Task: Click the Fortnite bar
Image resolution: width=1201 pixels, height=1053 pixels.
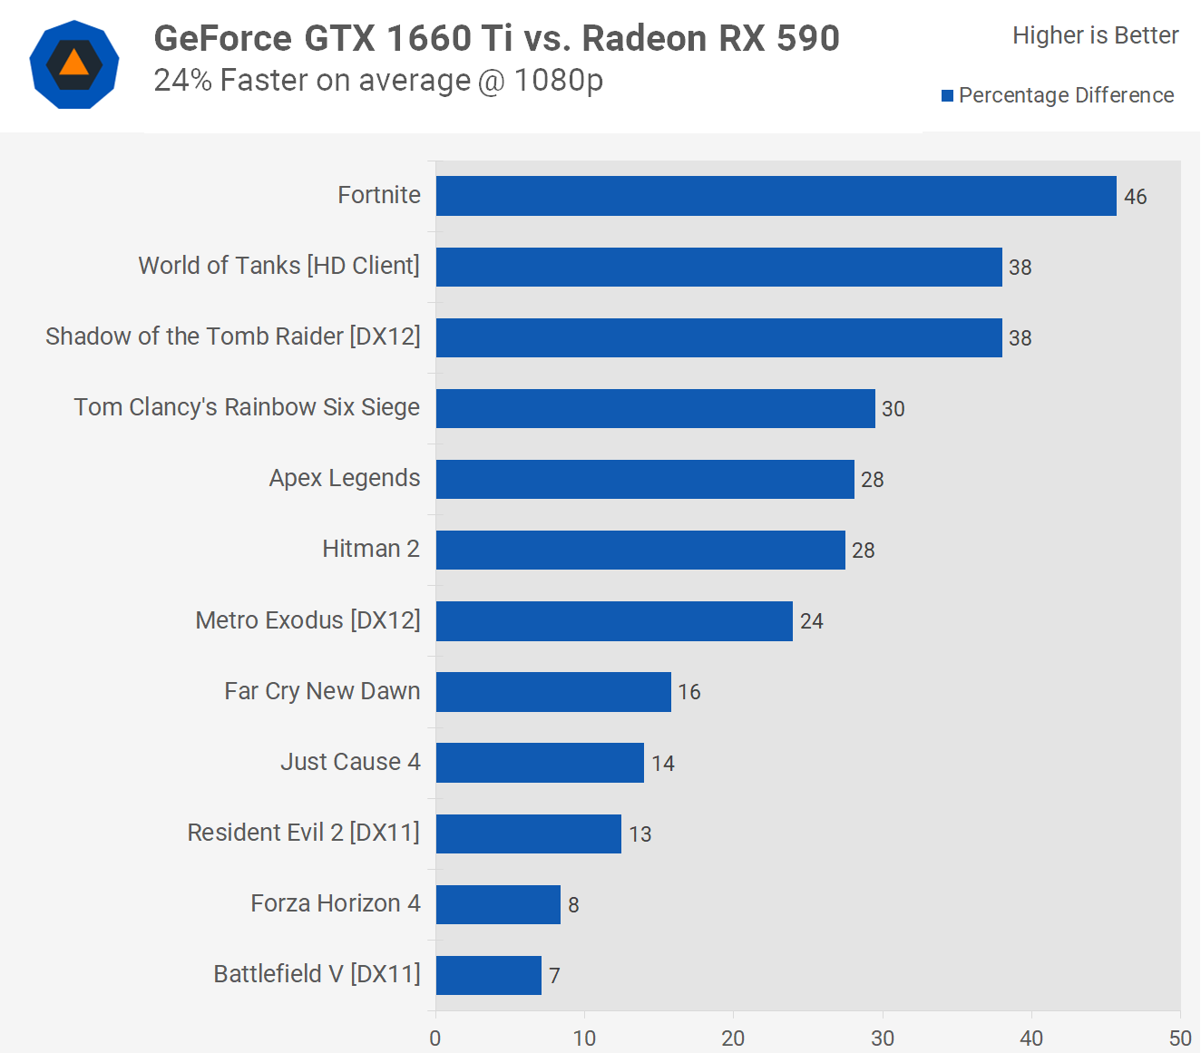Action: pyautogui.click(x=776, y=196)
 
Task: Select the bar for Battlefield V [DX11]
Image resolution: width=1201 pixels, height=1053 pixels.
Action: pyautogui.click(x=489, y=975)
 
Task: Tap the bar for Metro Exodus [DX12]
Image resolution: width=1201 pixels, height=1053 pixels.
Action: pyautogui.click(x=614, y=621)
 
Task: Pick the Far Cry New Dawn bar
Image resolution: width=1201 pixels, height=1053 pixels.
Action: pyautogui.click(x=553, y=692)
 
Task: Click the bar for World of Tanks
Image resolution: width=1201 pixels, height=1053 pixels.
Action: pyautogui.click(x=718, y=267)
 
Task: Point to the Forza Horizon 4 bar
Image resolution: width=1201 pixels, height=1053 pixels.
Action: pyautogui.click(x=498, y=904)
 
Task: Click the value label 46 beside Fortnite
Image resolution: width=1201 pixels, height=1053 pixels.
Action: pyautogui.click(x=1135, y=197)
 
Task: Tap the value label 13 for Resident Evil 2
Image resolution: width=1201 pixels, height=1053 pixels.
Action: pyautogui.click(x=640, y=834)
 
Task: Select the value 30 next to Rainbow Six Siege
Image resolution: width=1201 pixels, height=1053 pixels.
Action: pyautogui.click(x=893, y=409)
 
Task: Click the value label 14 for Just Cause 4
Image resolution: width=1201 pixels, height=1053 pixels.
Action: pyautogui.click(x=662, y=764)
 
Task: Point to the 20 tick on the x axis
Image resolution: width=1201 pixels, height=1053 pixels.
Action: pyautogui.click(x=733, y=1038)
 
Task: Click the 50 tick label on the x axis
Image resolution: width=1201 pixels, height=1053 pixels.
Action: pyautogui.click(x=1179, y=1038)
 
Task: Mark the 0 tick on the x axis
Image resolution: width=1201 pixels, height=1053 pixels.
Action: pyautogui.click(x=435, y=1038)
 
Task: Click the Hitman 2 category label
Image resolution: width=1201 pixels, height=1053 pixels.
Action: pyautogui.click(x=370, y=549)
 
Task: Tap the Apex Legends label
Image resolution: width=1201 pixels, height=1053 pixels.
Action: pyautogui.click(x=344, y=478)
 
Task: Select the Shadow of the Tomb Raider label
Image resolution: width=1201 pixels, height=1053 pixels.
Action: pyautogui.click(x=232, y=336)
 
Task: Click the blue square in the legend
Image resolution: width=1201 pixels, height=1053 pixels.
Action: pyautogui.click(x=947, y=96)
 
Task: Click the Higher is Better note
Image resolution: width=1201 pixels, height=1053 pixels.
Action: pyautogui.click(x=1095, y=35)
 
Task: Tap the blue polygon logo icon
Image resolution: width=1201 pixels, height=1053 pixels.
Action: pyautogui.click(x=74, y=64)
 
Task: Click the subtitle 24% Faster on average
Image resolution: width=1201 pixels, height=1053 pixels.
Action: pyautogui.click(x=378, y=81)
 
